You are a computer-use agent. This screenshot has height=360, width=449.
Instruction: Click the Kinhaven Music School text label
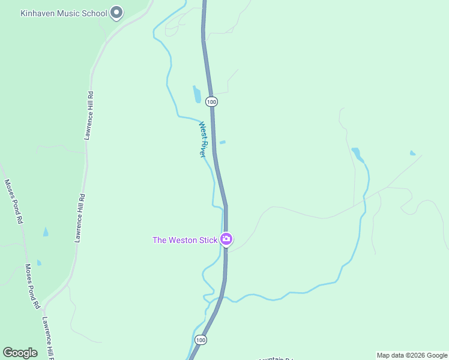(64, 13)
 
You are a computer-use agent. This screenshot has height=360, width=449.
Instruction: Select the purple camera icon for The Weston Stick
(226, 239)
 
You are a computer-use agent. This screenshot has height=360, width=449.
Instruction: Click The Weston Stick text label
(185, 240)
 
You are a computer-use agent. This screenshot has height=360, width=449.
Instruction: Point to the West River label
(204, 140)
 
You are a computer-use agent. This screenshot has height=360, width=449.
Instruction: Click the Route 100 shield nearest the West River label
(211, 102)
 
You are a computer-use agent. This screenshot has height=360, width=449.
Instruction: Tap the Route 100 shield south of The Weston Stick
(201, 340)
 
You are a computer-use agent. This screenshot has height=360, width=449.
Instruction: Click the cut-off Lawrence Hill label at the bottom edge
(48, 339)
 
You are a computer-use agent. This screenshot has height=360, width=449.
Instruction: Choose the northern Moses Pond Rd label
(13, 201)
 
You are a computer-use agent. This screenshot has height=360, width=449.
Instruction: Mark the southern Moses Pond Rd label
(32, 287)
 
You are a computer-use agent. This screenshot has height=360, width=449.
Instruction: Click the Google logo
(20, 353)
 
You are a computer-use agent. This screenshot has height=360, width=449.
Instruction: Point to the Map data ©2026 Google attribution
(412, 355)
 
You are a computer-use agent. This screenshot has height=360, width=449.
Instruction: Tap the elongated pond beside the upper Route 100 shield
(196, 94)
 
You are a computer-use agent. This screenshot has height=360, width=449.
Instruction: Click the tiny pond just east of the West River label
(223, 142)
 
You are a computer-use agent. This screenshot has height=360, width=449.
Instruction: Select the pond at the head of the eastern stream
(357, 154)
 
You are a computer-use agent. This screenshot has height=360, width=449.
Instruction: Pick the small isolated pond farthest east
(412, 153)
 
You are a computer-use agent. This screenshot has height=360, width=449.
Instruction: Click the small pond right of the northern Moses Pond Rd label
(46, 232)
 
